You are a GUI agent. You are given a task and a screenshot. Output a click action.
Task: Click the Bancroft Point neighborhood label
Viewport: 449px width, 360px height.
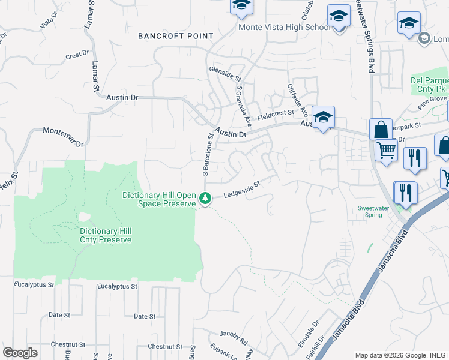pos(175,36)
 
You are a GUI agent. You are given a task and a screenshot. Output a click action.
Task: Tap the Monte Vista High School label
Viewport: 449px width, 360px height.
pos(285,28)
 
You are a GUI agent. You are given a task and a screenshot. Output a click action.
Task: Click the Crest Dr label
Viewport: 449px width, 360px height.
pos(77,56)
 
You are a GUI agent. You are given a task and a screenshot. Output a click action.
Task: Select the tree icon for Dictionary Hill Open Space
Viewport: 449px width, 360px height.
pos(205,197)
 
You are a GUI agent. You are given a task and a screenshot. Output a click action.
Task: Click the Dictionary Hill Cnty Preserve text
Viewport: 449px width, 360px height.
pos(106,235)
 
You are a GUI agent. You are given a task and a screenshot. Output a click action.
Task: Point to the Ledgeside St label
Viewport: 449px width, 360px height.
pos(243,190)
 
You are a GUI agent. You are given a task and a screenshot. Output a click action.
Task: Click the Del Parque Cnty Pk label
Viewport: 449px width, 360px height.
pos(429,85)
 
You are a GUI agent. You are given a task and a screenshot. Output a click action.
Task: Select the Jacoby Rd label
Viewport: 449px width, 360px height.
pos(234,337)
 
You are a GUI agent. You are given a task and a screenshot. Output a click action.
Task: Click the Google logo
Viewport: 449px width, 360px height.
pos(20,353)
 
